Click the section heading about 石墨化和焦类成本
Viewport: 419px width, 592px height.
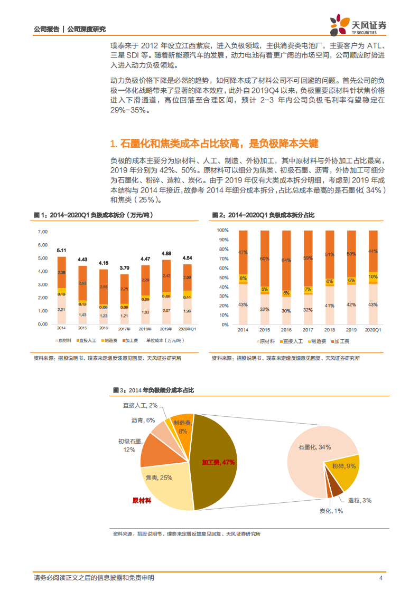click(214, 144)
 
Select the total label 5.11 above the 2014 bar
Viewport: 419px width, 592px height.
click(62, 250)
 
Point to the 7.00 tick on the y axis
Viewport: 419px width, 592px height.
click(43, 232)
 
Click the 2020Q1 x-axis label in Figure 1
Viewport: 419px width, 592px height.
click(187, 329)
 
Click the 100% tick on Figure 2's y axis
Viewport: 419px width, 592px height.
click(222, 231)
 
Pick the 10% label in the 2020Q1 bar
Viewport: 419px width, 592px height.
click(373, 276)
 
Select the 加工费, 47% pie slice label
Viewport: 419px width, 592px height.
click(218, 462)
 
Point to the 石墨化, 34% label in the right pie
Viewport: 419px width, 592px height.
click(314, 447)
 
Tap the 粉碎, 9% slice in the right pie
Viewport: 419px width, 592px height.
click(344, 466)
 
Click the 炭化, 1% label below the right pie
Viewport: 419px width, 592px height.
click(331, 511)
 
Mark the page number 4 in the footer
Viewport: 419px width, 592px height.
click(381, 578)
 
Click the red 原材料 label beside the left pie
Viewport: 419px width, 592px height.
click(142, 500)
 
